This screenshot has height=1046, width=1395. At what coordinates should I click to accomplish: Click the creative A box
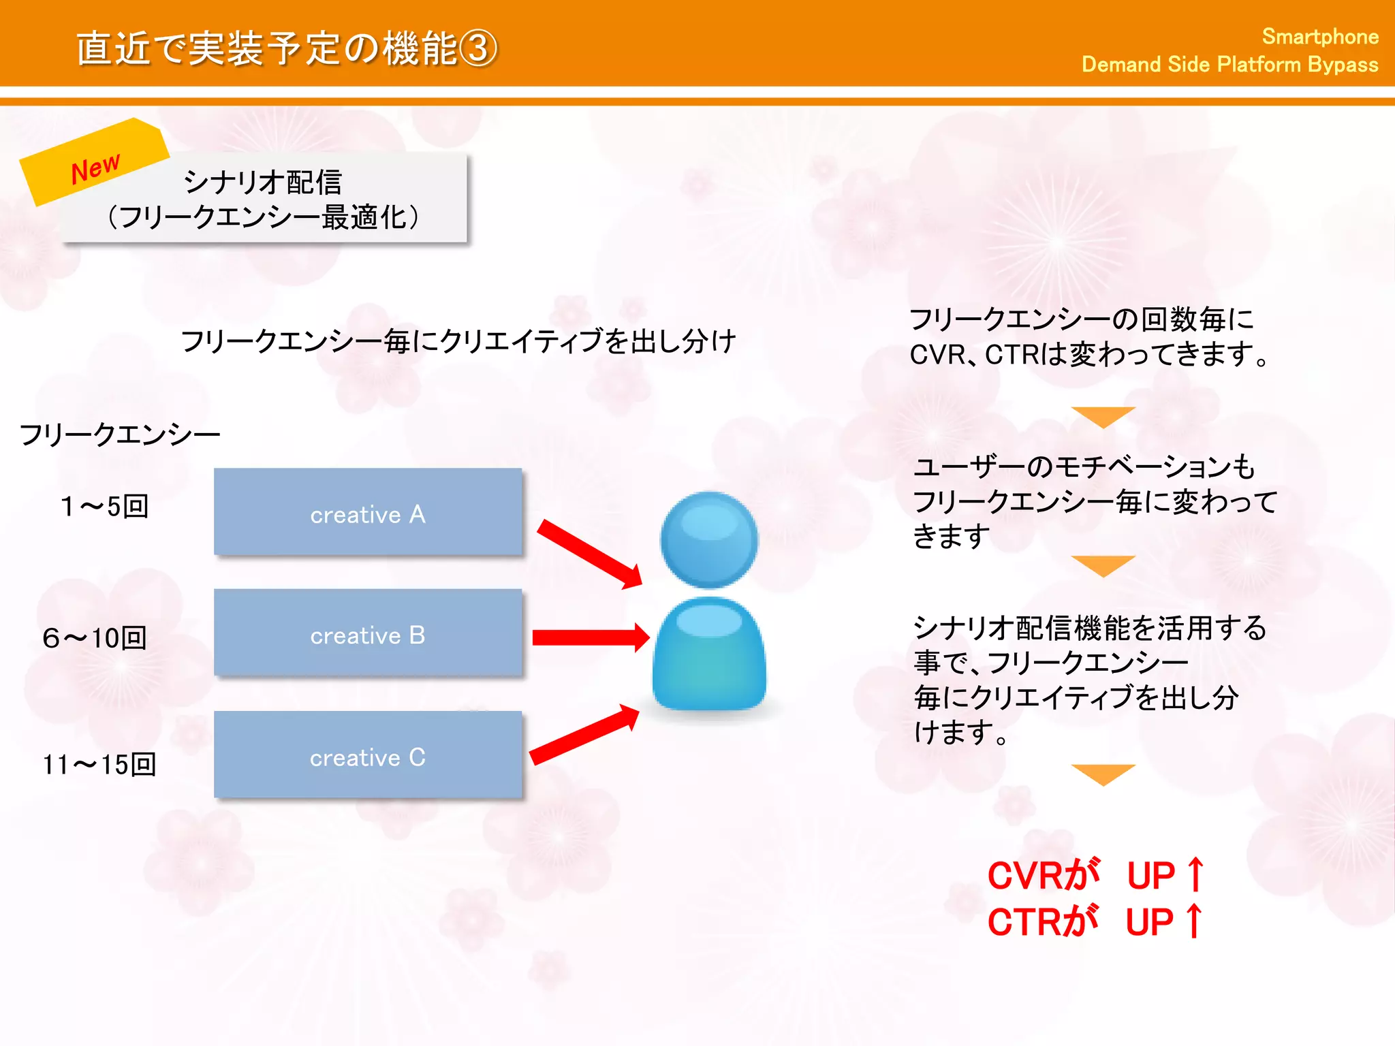click(368, 512)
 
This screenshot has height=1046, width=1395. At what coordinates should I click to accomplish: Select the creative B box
click(368, 633)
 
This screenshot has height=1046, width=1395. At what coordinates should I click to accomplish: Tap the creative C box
click(368, 755)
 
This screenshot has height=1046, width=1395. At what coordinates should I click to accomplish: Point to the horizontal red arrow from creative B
click(590, 637)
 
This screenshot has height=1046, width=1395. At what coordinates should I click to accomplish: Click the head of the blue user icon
click(709, 539)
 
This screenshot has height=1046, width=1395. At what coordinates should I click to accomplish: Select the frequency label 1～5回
click(104, 507)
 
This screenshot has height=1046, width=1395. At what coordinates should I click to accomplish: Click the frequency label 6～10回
click(95, 638)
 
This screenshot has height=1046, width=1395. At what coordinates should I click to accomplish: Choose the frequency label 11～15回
click(99, 765)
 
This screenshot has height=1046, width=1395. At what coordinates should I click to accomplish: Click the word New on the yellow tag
click(95, 168)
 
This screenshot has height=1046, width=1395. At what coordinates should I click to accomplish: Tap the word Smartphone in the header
click(1319, 37)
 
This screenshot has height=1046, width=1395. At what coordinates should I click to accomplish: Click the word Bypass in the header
click(1343, 65)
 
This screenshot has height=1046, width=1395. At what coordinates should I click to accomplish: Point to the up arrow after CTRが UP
click(1193, 921)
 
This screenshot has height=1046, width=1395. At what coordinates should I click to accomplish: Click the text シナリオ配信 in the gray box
click(263, 182)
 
